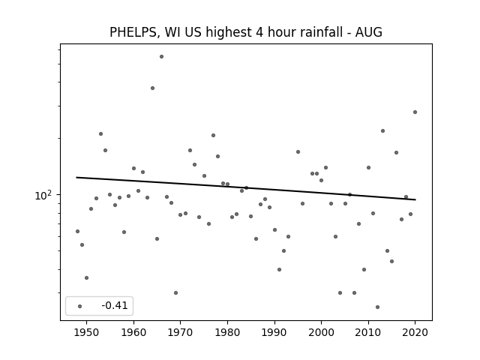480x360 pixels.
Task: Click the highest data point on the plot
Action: (162, 57)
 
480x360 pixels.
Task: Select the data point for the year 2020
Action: (415, 112)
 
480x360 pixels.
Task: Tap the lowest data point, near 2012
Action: (377, 307)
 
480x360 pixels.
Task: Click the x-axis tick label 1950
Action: (87, 332)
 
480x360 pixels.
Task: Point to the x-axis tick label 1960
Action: (133, 332)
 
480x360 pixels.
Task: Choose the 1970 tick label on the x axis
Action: (181, 332)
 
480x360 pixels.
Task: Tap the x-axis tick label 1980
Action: (227, 332)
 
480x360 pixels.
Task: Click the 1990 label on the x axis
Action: (274, 332)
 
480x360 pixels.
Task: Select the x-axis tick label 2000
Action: (322, 332)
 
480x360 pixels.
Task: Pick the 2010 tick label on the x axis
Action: (368, 332)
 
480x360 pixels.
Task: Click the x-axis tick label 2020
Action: (415, 332)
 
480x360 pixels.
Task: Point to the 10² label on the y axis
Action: (43, 195)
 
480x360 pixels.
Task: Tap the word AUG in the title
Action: (368, 32)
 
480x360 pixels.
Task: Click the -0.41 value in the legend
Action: (115, 305)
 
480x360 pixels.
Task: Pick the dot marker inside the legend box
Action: (80, 306)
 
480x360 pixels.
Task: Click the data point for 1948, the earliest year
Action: (77, 232)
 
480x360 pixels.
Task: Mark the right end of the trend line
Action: (415, 199)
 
